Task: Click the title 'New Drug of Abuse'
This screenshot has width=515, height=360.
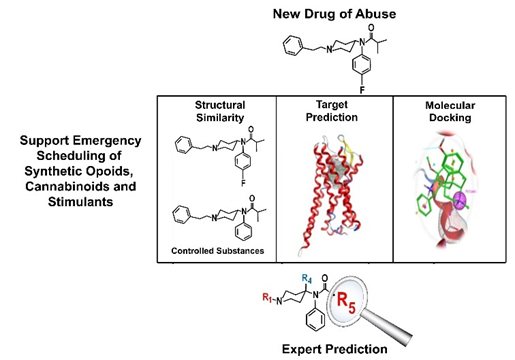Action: (334, 14)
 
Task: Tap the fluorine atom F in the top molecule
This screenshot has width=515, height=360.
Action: (362, 90)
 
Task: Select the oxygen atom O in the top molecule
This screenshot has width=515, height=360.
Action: (371, 28)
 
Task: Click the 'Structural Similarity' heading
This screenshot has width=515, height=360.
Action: (220, 111)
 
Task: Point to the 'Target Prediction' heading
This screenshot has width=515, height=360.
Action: (332, 111)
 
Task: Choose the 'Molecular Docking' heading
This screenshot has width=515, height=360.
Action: (450, 111)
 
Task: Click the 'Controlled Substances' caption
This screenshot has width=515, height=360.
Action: (218, 251)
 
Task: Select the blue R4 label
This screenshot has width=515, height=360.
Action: (307, 279)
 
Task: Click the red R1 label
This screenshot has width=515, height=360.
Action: (267, 297)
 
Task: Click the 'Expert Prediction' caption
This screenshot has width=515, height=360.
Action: (335, 349)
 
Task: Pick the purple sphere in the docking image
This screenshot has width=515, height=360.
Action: (460, 201)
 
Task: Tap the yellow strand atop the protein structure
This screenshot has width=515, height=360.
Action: (347, 147)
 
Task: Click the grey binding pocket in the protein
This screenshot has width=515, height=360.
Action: (337, 173)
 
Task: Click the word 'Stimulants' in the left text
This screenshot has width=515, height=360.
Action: (80, 202)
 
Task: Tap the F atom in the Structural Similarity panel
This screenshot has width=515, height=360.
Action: (244, 183)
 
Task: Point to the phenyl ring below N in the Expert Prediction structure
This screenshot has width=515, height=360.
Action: (315, 319)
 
